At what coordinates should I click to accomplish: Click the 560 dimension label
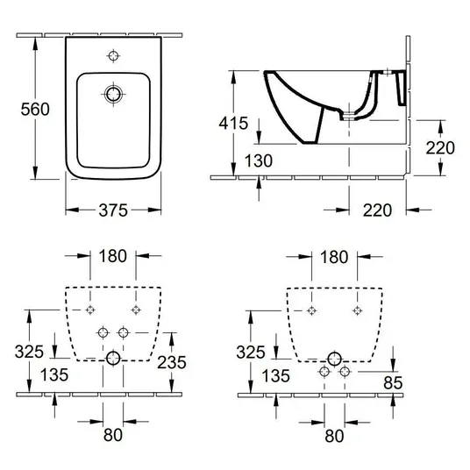[x=35, y=109]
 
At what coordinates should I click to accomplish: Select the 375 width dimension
[x=113, y=210]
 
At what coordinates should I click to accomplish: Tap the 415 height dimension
[x=233, y=123]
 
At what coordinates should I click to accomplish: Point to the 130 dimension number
[x=259, y=160]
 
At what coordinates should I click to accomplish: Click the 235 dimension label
[x=172, y=362]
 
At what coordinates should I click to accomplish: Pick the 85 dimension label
[x=393, y=382]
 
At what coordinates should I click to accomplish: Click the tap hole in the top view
[x=113, y=56]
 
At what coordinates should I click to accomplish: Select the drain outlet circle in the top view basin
[x=113, y=94]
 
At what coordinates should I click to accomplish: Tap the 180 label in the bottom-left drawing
[x=113, y=256]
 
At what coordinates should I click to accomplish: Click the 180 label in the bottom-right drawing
[x=334, y=257]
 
